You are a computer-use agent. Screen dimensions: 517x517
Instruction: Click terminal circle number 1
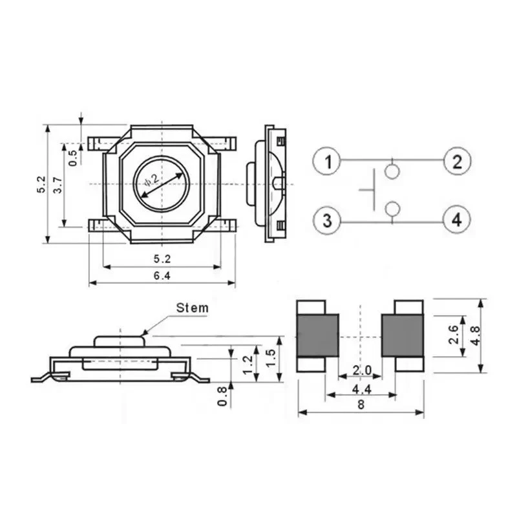click(x=328, y=161)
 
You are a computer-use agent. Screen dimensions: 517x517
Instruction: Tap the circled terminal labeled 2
click(x=457, y=161)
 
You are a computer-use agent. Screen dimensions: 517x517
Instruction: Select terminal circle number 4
click(x=457, y=220)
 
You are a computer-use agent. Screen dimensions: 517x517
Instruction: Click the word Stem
click(x=193, y=308)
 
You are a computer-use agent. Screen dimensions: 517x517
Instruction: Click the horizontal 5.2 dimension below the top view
click(x=162, y=259)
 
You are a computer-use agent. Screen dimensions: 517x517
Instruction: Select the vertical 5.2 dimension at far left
click(x=41, y=184)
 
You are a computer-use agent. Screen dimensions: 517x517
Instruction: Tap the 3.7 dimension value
click(x=58, y=185)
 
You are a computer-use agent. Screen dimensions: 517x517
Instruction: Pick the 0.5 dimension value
click(x=73, y=157)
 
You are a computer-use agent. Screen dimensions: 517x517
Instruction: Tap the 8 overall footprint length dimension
click(x=361, y=406)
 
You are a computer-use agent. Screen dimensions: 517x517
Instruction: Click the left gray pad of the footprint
click(x=317, y=335)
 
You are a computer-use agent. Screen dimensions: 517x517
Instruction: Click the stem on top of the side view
click(x=120, y=340)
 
